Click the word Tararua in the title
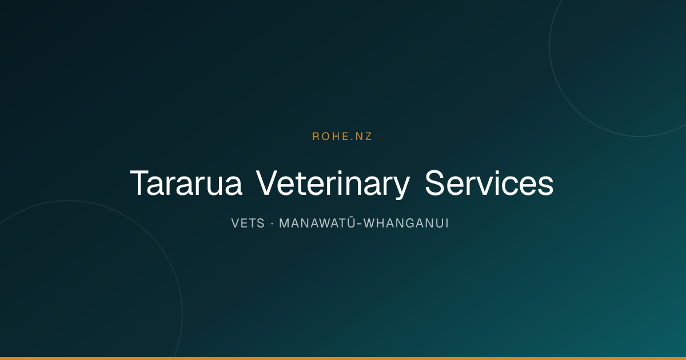pyautogui.click(x=186, y=183)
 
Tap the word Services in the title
pyautogui.click(x=489, y=183)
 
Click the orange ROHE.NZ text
pyautogui.click(x=342, y=137)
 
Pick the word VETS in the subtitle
pyautogui.click(x=248, y=223)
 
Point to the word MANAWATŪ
pyautogui.click(x=317, y=222)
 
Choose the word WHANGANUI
pyautogui.click(x=406, y=223)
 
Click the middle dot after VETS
pyautogui.click(x=272, y=224)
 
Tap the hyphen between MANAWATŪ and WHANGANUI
pyautogui.click(x=360, y=225)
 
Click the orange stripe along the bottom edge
pyautogui.click(x=343, y=358)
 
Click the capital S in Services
pyautogui.click(x=435, y=183)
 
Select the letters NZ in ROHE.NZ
pyautogui.click(x=361, y=137)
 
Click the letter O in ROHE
pyautogui.click(x=326, y=137)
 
